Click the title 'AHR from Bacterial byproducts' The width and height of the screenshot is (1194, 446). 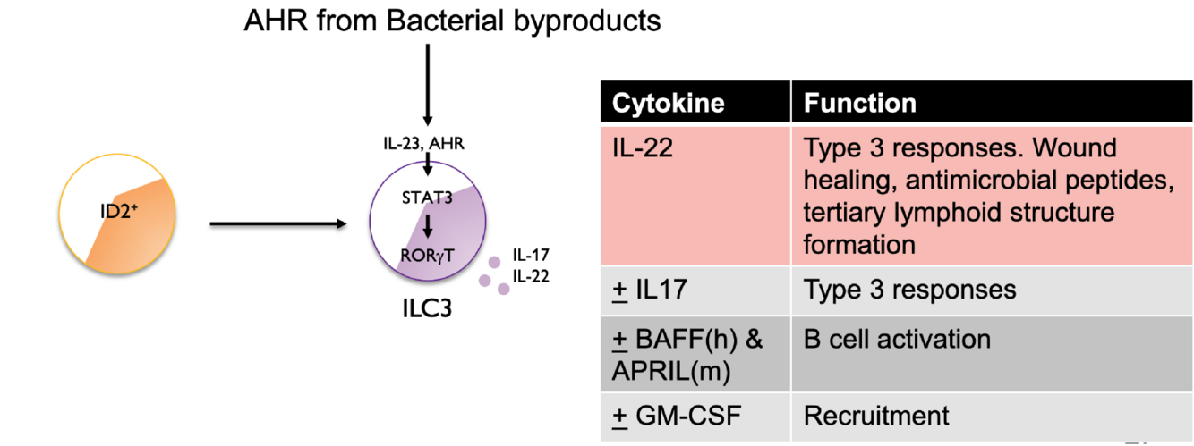coord(452,21)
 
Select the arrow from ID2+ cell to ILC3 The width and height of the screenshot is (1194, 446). coord(277,224)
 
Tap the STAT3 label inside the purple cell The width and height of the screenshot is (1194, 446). coord(427,198)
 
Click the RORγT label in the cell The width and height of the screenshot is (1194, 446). coord(427,256)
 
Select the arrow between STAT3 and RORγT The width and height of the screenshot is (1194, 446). coord(427,226)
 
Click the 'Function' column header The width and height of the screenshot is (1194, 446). coord(859,103)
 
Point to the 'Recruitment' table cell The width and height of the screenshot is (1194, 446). coord(875,416)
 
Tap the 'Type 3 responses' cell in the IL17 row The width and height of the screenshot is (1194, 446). coord(909,290)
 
